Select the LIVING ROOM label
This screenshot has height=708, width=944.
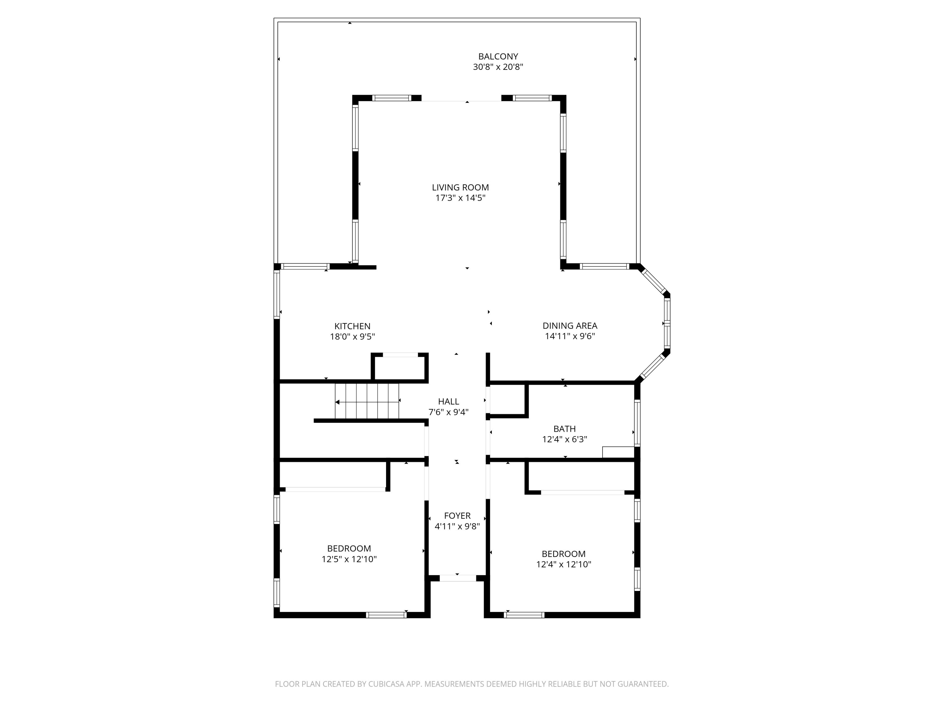(460, 187)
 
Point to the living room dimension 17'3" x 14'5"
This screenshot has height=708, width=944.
(460, 198)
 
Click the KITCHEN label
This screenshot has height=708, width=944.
(352, 326)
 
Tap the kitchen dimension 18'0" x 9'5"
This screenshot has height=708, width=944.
(352, 337)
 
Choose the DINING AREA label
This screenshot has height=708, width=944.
(570, 326)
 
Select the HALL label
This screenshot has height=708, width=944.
(448, 402)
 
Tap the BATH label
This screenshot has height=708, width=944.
(564, 429)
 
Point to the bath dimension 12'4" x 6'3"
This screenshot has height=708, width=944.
(564, 440)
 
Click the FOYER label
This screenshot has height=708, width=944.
(457, 516)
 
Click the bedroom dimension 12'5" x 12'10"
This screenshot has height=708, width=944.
(349, 559)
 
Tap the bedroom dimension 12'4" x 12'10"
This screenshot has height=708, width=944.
(563, 565)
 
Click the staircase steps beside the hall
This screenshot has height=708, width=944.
(367, 401)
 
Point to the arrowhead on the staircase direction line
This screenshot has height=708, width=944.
(337, 402)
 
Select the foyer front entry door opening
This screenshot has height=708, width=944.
(458, 578)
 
